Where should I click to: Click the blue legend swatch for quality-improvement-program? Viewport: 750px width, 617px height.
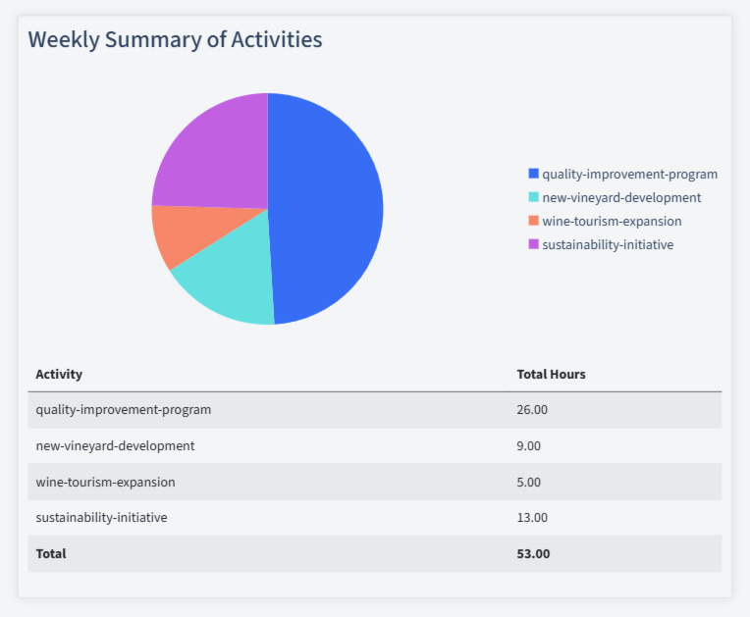pyautogui.click(x=533, y=174)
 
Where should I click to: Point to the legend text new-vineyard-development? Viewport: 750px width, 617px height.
pyautogui.click(x=621, y=197)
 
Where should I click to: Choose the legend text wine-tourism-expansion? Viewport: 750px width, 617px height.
pyautogui.click(x=612, y=221)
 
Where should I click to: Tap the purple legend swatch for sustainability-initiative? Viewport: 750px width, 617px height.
pyautogui.click(x=533, y=244)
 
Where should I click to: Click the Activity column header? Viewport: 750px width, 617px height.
pyautogui.click(x=59, y=374)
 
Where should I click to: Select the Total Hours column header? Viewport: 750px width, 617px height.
pyautogui.click(x=551, y=374)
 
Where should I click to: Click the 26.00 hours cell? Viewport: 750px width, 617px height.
pyautogui.click(x=532, y=409)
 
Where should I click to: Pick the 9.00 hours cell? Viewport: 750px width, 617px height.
pyautogui.click(x=529, y=445)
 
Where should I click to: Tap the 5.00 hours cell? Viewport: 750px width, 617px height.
pyautogui.click(x=529, y=482)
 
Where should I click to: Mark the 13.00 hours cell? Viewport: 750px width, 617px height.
pyautogui.click(x=532, y=517)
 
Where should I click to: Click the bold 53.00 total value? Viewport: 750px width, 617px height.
pyautogui.click(x=533, y=553)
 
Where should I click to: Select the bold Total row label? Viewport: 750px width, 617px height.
pyautogui.click(x=51, y=553)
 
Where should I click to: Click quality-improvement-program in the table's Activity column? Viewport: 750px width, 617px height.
pyautogui.click(x=123, y=409)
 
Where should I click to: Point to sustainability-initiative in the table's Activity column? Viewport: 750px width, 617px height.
pyautogui.click(x=101, y=517)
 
